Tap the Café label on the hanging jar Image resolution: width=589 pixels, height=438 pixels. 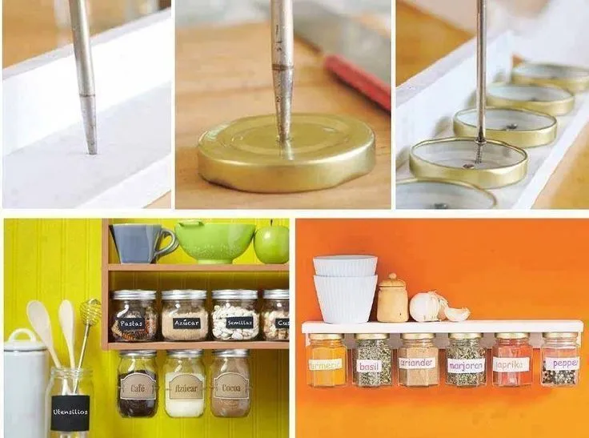tap(138, 386)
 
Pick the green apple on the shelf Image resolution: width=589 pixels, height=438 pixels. tap(271, 243)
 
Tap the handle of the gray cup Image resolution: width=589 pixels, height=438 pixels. tap(166, 243)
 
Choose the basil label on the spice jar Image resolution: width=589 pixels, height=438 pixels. tap(369, 366)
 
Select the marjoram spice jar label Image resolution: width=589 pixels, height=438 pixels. tap(466, 366)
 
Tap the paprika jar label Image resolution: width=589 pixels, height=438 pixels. tap(511, 364)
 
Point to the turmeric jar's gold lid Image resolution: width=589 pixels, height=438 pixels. tap(327, 336)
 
